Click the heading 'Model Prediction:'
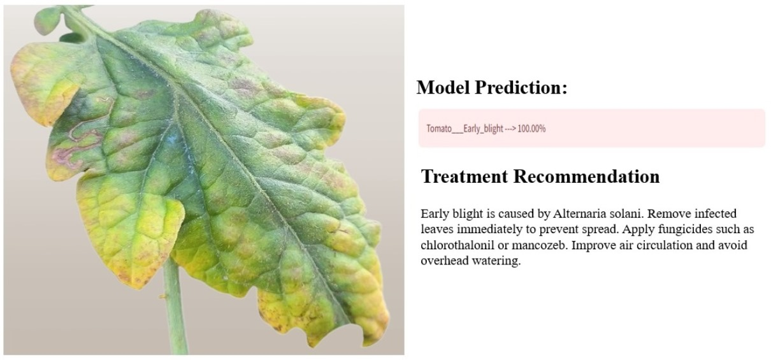pyautogui.click(x=492, y=87)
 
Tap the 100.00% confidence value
pyautogui.click(x=531, y=129)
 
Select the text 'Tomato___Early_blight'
pyautogui.click(x=465, y=129)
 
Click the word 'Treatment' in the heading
pyautogui.click(x=465, y=176)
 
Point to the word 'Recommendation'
pyautogui.click(x=586, y=176)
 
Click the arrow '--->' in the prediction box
pyautogui.click(x=510, y=129)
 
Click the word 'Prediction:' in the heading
pyautogui.click(x=521, y=87)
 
